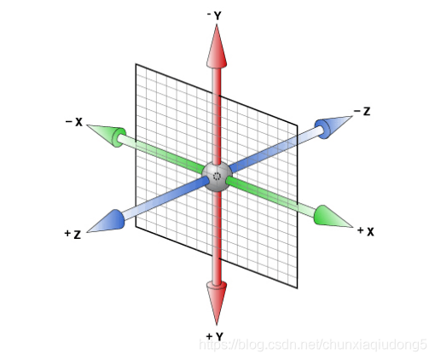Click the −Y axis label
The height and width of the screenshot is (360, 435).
214,15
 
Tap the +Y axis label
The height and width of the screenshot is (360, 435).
215,336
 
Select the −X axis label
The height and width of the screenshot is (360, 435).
74,122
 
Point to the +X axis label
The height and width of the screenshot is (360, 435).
366,232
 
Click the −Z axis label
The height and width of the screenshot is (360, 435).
362,111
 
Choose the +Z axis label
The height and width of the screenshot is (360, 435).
72,234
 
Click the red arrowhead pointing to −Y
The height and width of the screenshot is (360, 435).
217,47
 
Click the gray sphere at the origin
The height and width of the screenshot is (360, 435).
217,177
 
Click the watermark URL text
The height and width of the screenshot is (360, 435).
313,345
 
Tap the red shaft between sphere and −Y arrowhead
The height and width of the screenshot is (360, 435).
217,116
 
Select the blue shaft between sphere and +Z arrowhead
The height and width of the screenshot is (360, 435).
165,198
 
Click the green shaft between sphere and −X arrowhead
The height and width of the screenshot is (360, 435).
161,154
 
